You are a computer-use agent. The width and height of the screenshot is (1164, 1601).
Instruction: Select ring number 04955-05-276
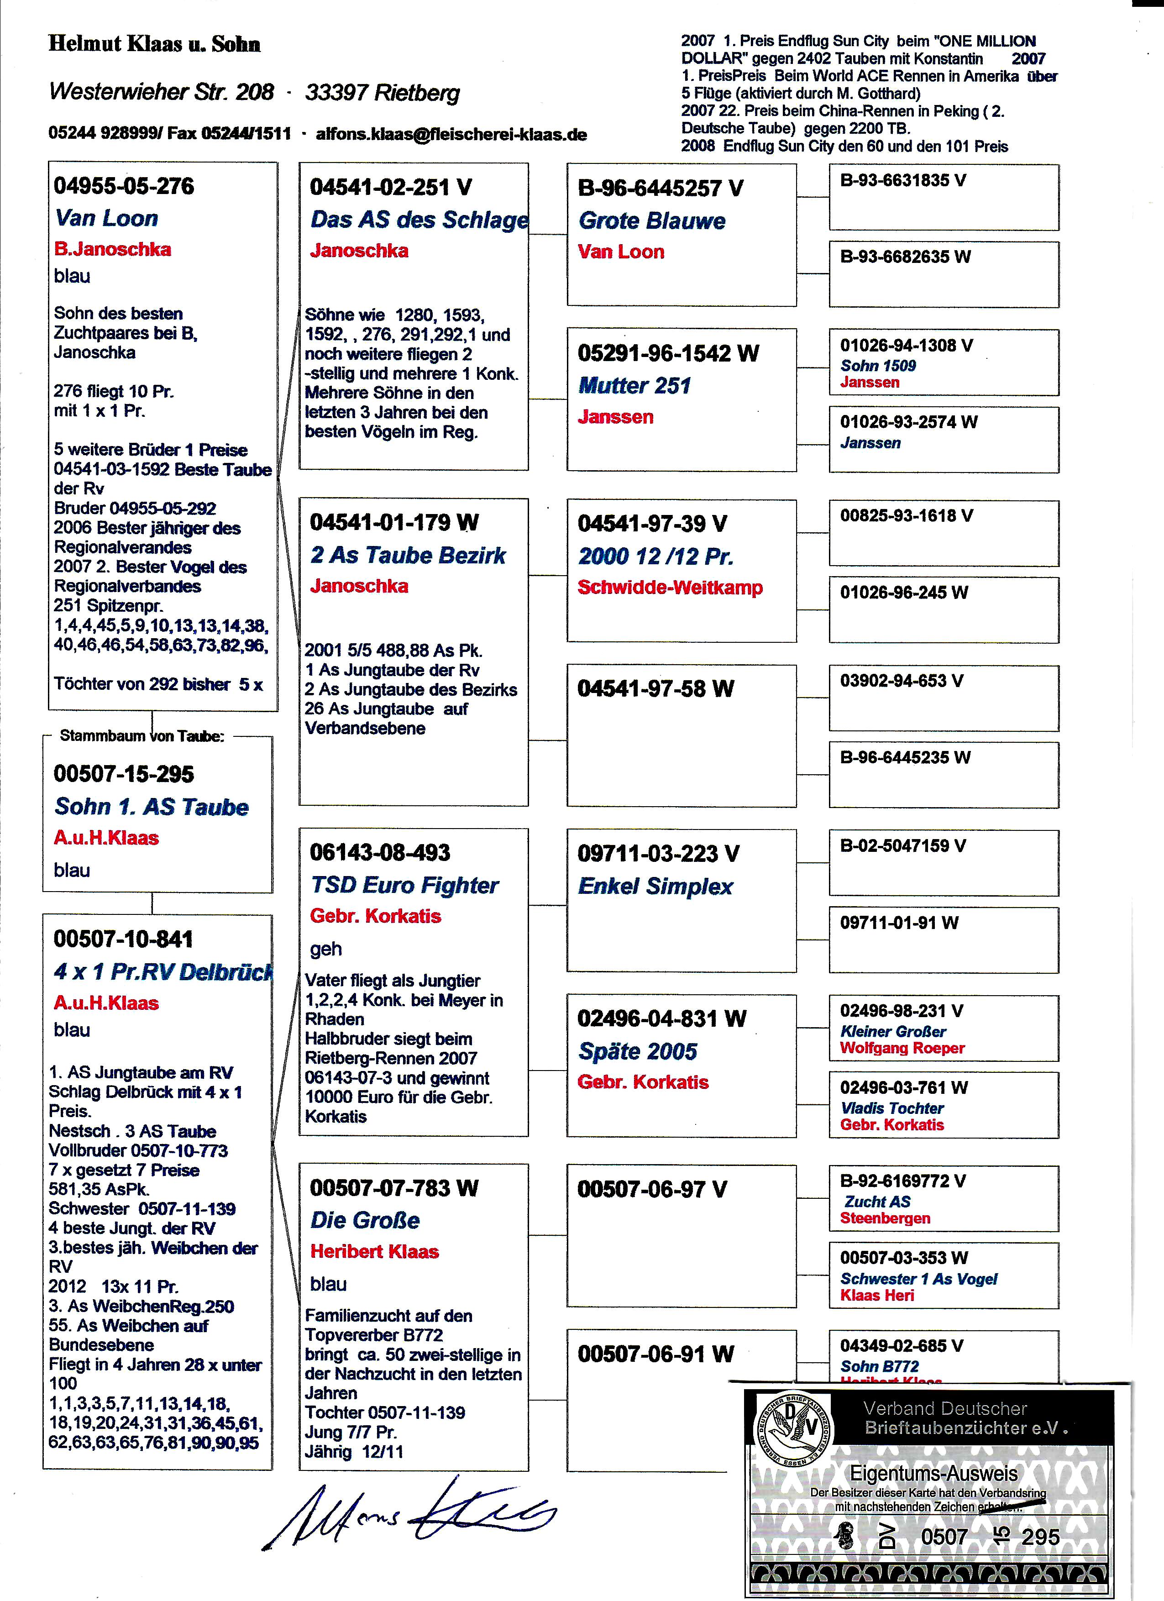[x=124, y=186]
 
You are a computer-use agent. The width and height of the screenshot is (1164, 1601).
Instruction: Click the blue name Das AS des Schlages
[x=419, y=220]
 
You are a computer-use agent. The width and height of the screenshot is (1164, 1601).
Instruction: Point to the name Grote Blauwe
[x=651, y=221]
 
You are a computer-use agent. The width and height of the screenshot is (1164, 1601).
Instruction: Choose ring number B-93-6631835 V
[x=903, y=181]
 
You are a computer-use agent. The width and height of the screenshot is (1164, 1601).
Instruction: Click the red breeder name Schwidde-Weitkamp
[x=670, y=588]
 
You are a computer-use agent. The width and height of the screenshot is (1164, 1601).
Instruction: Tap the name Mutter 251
[x=634, y=385]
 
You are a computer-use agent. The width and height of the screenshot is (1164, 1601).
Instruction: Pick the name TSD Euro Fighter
[x=404, y=885]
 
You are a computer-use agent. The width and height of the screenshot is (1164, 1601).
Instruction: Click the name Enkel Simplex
[x=655, y=886]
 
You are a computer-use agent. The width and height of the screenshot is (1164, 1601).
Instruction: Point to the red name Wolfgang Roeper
[x=902, y=1048]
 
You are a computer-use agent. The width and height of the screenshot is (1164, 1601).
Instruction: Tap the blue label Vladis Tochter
[x=891, y=1108]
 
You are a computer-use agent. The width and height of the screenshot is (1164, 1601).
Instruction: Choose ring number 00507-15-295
[x=124, y=774]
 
